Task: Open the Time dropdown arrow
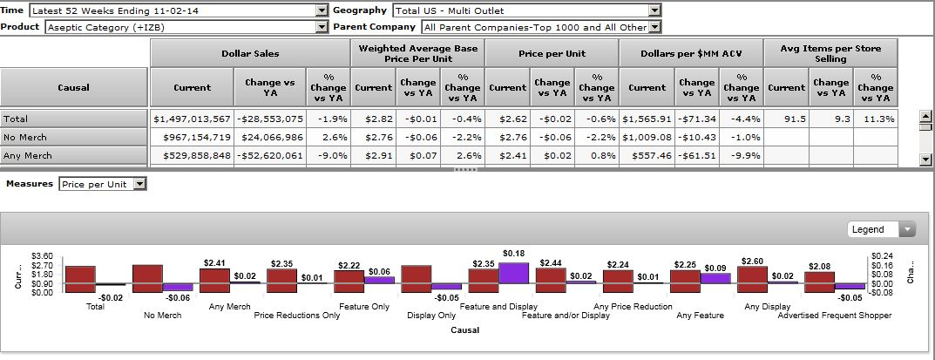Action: point(321,10)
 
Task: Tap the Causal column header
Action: point(73,87)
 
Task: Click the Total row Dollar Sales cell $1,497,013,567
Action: point(192,119)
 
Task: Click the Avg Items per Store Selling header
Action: point(830,54)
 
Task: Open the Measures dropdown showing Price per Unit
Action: point(103,184)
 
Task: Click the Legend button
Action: point(883,229)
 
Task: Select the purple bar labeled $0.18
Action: point(513,273)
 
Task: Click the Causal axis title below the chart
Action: point(465,330)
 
